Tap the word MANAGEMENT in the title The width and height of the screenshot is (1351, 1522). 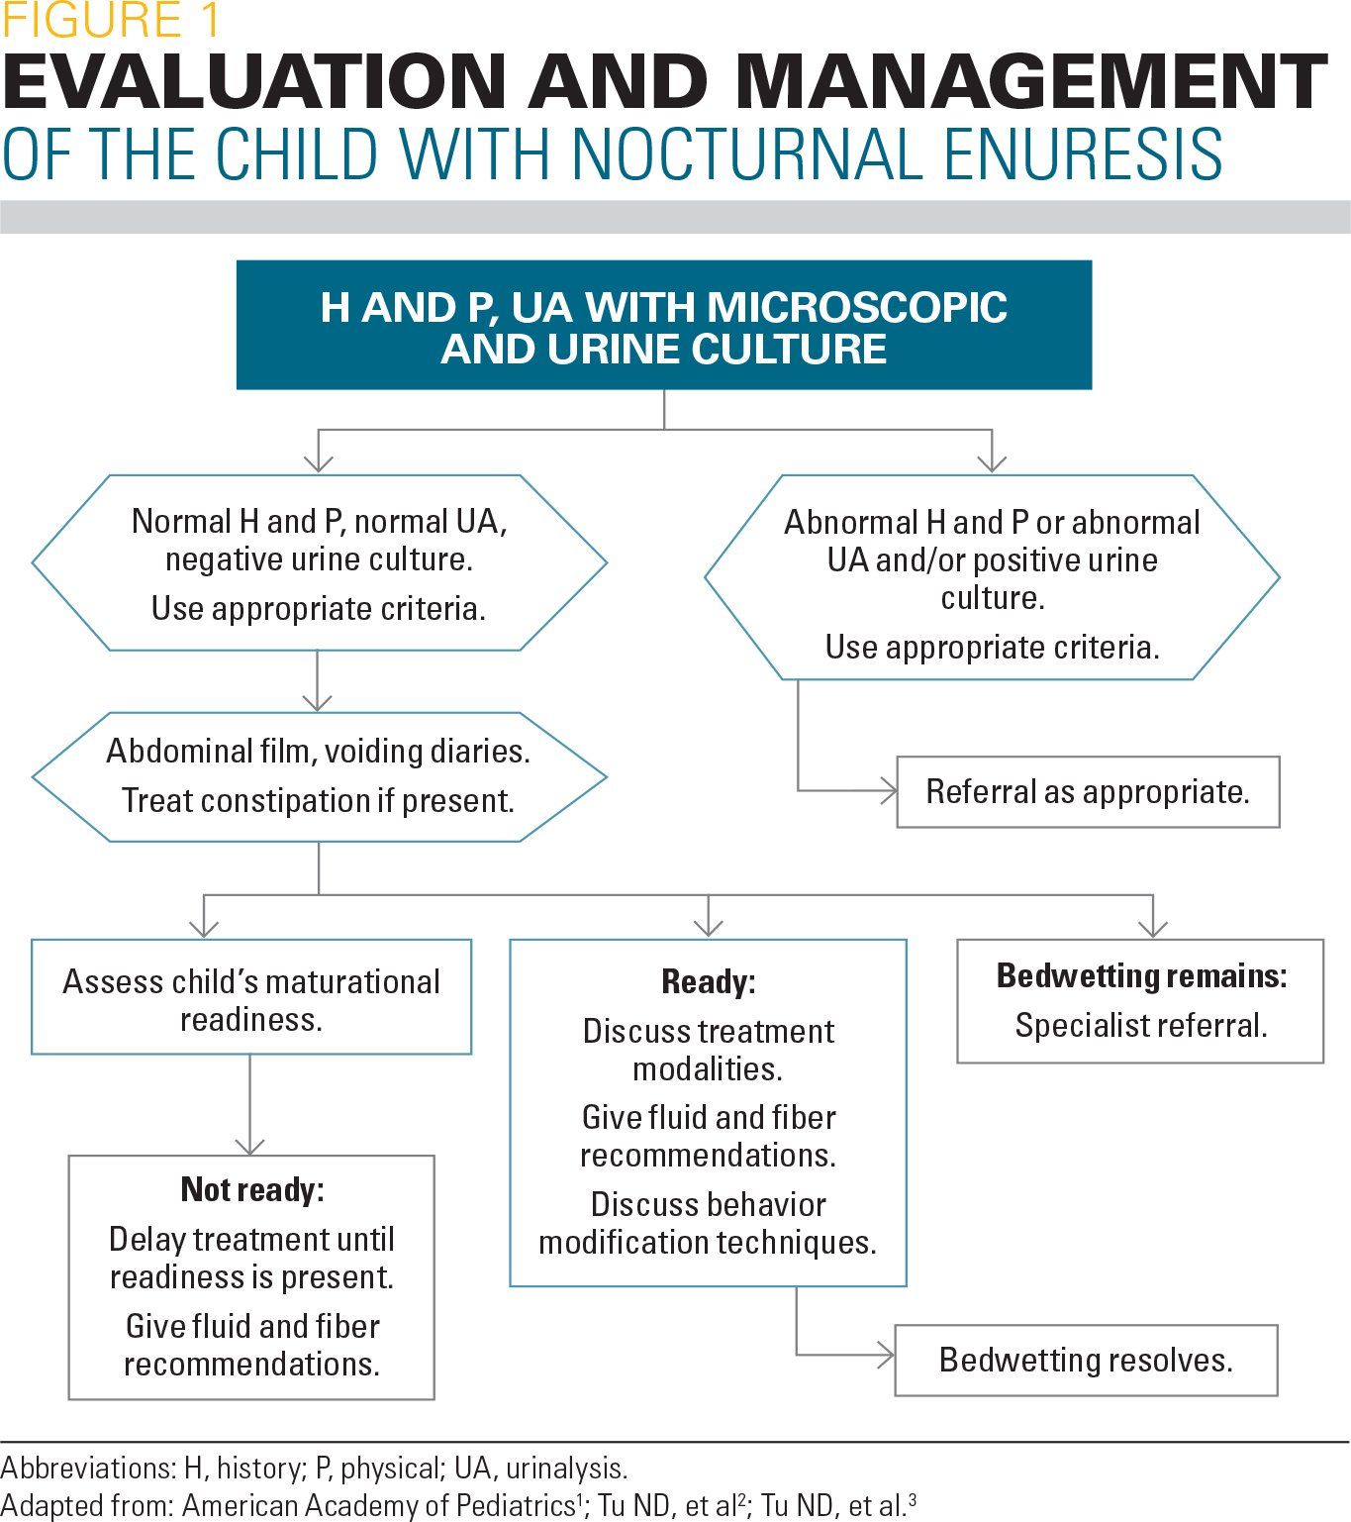1029,83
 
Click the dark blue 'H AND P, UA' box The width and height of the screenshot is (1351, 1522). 663,326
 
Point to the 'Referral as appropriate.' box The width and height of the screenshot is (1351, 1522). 1087,792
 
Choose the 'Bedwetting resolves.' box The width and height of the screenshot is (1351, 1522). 1086,1361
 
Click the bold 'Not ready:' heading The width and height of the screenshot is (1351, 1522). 252,1190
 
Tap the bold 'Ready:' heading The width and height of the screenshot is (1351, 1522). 708,982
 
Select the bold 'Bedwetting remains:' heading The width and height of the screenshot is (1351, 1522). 1141,976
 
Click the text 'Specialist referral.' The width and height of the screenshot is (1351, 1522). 1141,1026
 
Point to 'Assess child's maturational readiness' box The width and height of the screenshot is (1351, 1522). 251,999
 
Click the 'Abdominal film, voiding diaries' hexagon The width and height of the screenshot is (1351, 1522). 318,775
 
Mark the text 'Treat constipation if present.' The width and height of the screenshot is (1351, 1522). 318,800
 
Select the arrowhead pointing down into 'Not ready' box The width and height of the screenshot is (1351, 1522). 250,1147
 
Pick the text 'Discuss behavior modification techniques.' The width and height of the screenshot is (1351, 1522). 708,1224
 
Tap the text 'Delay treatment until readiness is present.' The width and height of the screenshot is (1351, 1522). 251,1259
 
